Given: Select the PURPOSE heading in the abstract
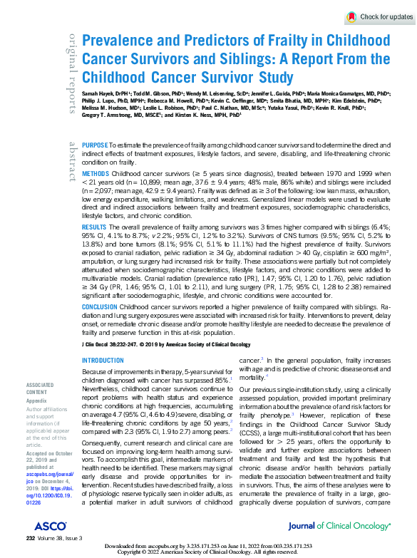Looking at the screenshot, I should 96,144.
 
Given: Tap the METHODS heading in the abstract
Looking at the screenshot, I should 96,173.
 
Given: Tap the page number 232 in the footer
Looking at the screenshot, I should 31,538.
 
